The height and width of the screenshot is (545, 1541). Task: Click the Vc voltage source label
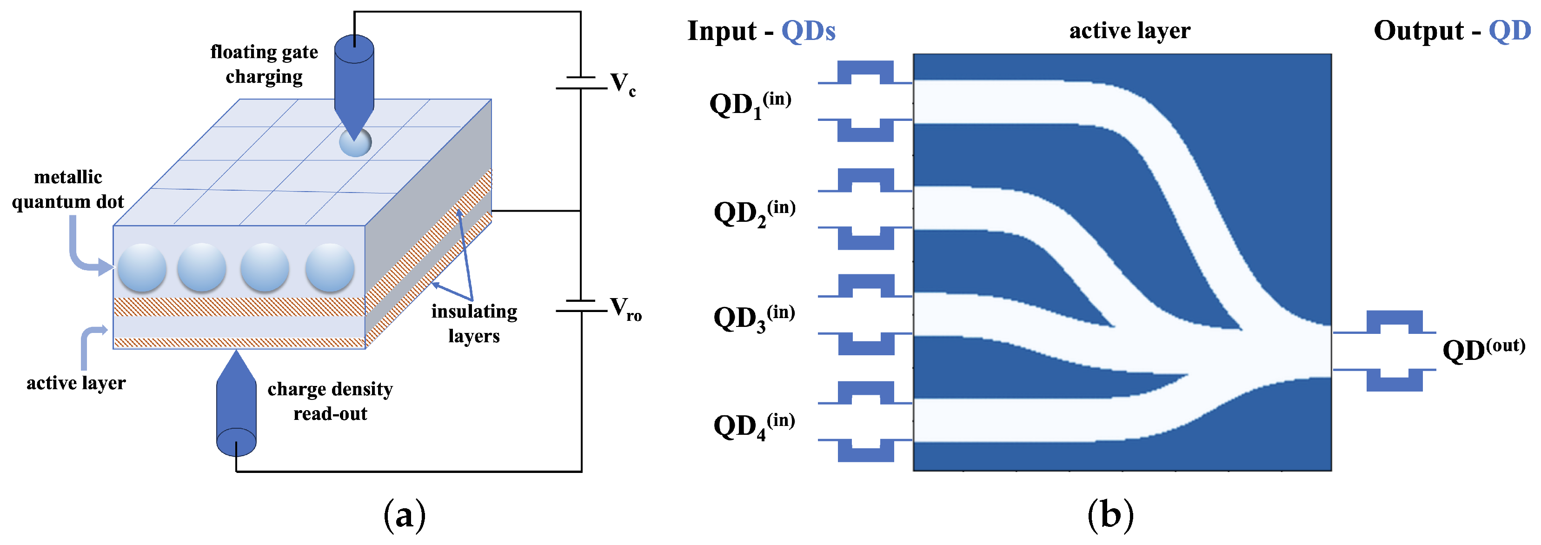[x=622, y=84]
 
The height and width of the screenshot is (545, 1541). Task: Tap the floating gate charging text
[x=264, y=64]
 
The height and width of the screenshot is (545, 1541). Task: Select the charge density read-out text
[x=330, y=401]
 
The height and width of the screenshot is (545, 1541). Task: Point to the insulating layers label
[x=474, y=323]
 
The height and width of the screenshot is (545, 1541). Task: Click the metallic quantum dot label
[x=67, y=189]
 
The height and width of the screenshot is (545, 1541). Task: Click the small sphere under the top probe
[x=355, y=143]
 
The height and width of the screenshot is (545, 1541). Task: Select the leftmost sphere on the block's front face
[x=142, y=267]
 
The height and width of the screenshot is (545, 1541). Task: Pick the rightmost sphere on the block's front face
[x=330, y=267]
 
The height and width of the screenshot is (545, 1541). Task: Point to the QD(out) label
[x=1483, y=349]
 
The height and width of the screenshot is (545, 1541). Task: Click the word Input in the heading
[x=722, y=31]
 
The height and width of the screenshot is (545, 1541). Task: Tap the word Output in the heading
[x=1418, y=31]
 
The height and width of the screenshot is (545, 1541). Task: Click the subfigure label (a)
[x=405, y=514]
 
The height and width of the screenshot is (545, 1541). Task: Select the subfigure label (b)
[x=1110, y=514]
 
